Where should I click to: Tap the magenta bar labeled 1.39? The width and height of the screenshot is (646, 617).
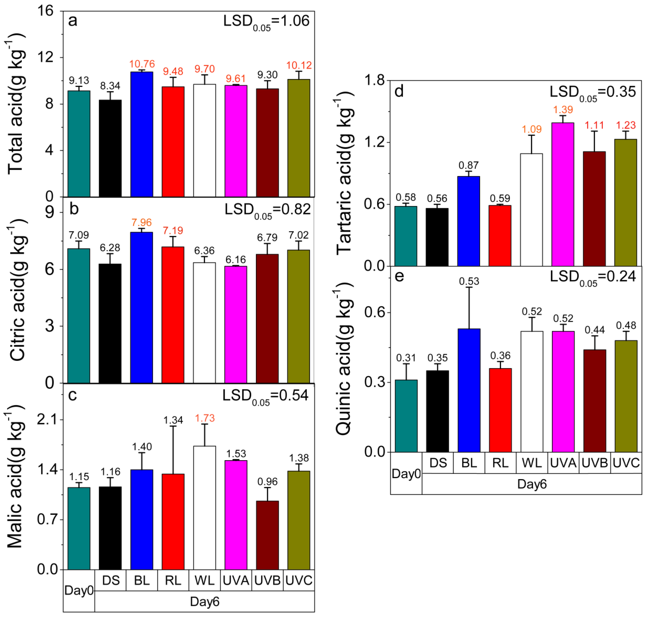563,194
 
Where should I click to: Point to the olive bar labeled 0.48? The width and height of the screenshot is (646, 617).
626,396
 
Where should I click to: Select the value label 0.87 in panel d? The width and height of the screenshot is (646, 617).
469,165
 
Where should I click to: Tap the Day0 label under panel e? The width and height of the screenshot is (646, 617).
406,474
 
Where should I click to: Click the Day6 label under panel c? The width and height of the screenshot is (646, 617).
204,602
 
